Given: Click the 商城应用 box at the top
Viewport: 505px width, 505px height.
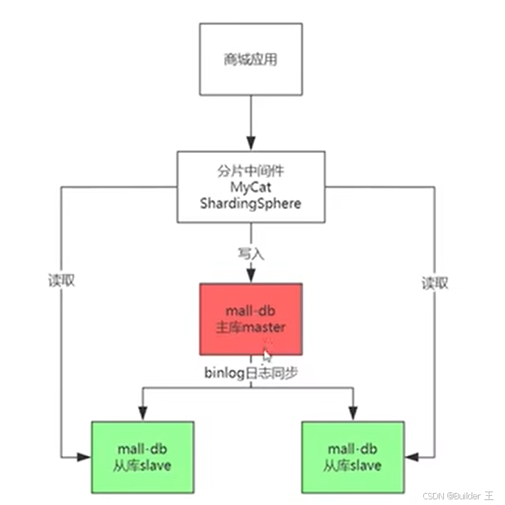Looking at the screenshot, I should point(250,60).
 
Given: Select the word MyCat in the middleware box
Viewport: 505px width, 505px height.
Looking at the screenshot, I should point(251,188).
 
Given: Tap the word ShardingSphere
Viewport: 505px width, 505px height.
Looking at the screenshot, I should point(251,203).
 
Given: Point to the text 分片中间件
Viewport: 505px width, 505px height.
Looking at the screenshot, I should point(251,171).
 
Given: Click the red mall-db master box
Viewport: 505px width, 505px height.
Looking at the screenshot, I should point(251,319).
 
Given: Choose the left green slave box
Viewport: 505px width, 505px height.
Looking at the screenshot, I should point(142,457).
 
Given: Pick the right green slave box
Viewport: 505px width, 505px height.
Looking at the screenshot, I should point(353,457).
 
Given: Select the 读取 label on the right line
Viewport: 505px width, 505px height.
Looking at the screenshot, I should point(435,282).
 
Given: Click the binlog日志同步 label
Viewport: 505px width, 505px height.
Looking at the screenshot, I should point(251,371).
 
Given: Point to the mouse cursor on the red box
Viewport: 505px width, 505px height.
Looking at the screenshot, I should point(267,356).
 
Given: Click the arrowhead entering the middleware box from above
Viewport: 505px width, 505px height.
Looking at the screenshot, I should point(251,143).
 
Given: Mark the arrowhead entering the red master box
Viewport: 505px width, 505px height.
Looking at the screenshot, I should point(251,276).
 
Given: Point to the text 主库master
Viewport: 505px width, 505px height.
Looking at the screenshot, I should point(251,328).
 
